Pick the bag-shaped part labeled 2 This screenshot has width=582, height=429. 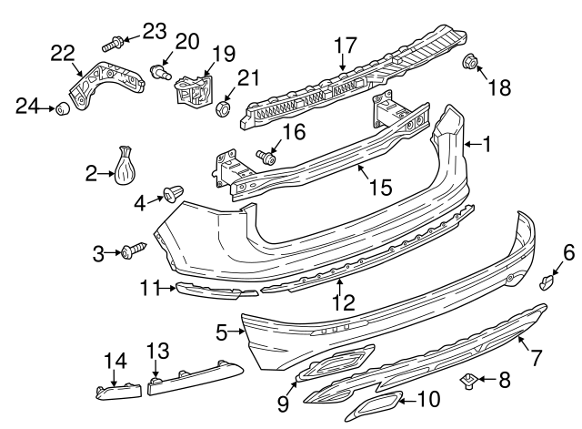[125, 163]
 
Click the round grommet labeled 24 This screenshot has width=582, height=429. [64, 109]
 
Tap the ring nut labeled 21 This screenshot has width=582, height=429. [222, 111]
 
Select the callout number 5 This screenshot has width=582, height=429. [220, 333]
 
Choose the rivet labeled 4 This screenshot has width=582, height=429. [170, 193]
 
